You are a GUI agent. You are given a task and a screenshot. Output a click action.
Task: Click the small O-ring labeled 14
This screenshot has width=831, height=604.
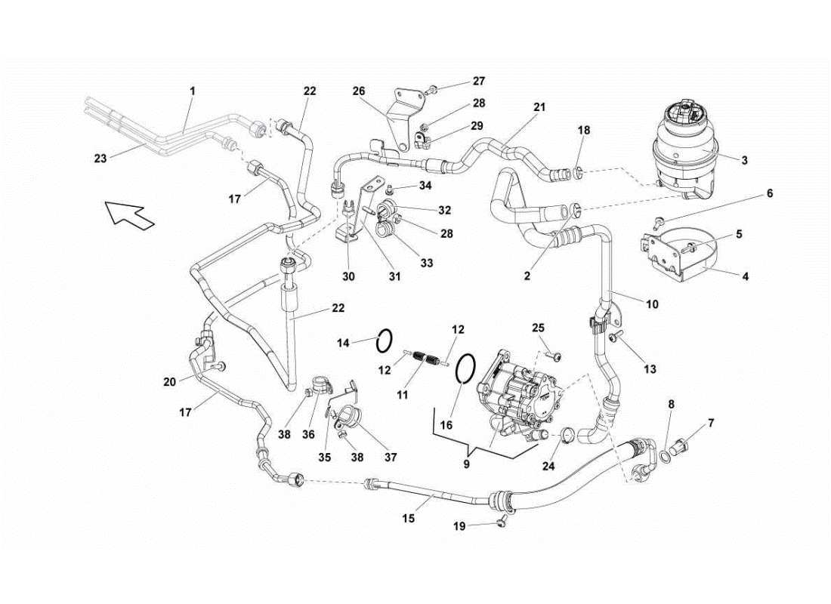(384, 341)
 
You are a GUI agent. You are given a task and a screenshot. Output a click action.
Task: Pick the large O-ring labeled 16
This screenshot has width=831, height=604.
(465, 371)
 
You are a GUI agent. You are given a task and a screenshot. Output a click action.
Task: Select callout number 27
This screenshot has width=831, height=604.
(478, 81)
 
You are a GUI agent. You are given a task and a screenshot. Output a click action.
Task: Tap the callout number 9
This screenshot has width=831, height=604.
(466, 464)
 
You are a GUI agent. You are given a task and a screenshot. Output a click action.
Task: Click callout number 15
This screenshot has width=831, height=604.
(408, 519)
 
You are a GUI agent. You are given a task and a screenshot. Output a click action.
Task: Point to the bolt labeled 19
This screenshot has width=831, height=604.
(502, 521)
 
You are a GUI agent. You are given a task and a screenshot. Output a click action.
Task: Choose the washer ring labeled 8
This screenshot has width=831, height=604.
(664, 455)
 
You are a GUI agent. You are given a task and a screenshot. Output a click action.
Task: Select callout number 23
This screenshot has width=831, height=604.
(100, 159)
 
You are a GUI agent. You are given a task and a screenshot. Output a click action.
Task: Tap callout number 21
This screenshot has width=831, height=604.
(539, 107)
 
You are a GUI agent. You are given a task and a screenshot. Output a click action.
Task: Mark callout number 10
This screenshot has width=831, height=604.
(651, 304)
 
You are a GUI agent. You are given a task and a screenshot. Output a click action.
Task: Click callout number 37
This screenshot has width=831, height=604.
(391, 457)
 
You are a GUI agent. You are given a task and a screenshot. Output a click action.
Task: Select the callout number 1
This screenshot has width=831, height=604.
(192, 91)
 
